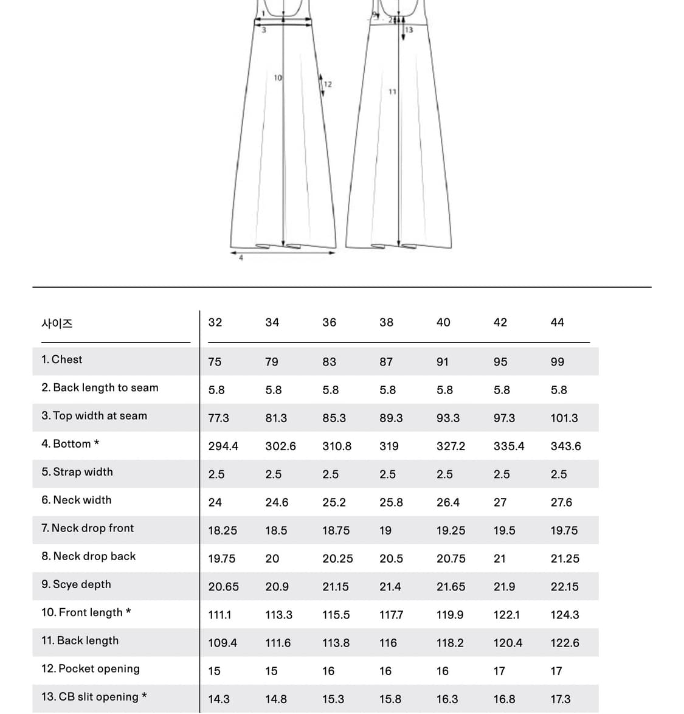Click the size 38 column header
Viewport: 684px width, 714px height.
point(386,322)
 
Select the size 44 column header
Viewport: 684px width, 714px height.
point(557,322)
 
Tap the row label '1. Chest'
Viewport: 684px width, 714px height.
point(61,359)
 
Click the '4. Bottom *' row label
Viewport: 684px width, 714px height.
point(70,444)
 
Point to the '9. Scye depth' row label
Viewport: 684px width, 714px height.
point(76,584)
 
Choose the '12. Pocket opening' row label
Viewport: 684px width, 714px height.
point(90,669)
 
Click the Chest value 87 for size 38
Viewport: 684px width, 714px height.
point(386,362)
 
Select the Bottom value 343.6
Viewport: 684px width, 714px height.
point(565,446)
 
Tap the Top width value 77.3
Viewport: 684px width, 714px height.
point(218,418)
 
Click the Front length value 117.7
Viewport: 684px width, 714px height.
point(391,615)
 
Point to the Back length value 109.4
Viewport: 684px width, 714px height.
point(223,643)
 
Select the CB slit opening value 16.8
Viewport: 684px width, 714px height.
point(504,699)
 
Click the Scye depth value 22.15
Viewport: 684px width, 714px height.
point(564,587)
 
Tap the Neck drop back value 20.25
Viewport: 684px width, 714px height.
point(337,559)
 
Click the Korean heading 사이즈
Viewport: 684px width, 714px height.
point(57,324)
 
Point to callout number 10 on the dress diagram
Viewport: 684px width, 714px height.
point(278,78)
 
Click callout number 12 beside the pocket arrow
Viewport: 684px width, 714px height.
point(328,85)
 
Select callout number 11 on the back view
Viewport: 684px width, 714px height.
point(392,92)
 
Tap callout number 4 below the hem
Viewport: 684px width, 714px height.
point(241,258)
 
